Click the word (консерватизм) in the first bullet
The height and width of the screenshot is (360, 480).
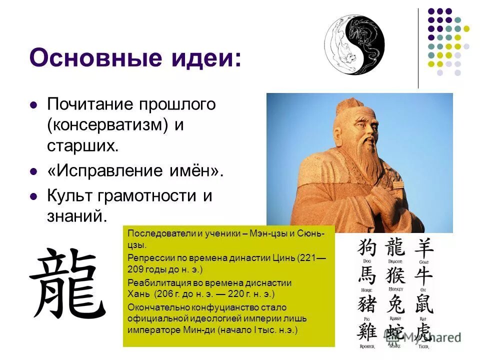107,125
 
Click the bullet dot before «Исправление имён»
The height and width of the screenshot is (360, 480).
34,171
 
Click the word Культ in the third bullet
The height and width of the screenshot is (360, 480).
69,195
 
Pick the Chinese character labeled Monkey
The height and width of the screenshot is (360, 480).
395,275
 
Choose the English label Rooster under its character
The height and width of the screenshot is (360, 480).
367,345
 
